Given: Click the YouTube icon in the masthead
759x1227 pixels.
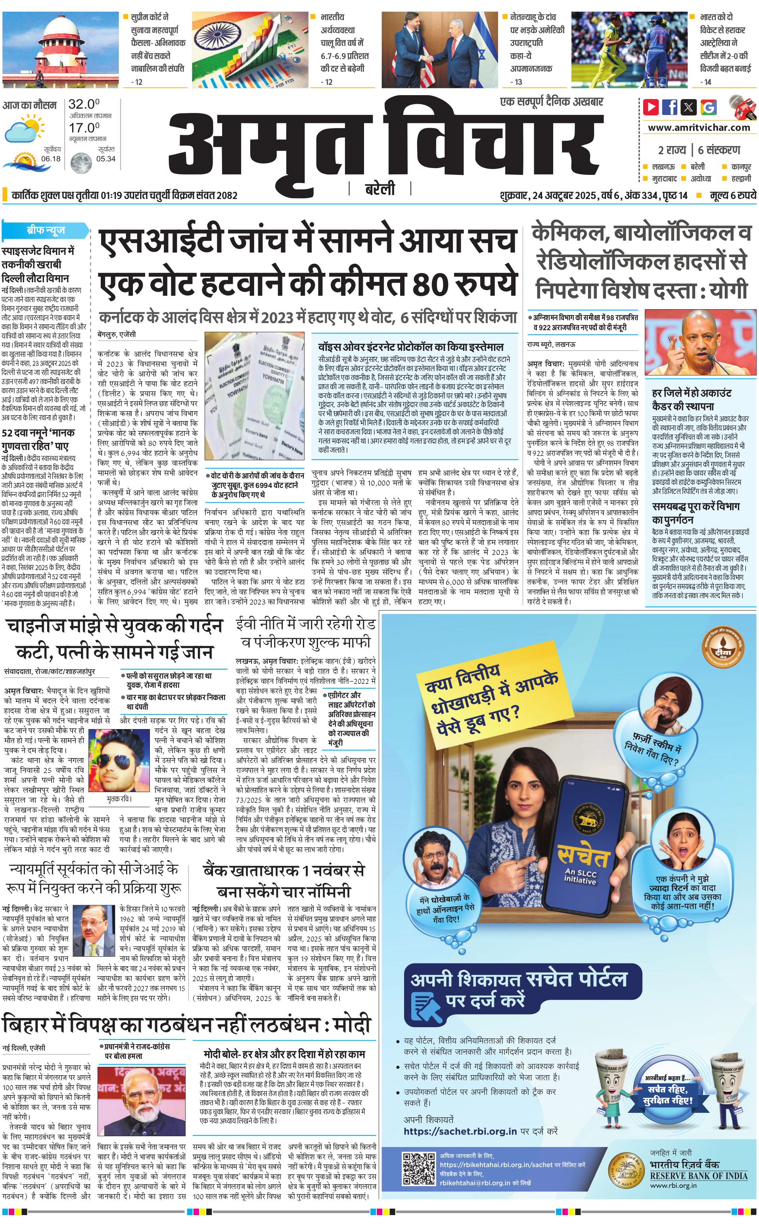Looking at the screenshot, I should pyautogui.click(x=651, y=107).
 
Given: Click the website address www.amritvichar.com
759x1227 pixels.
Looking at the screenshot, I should pyautogui.click(x=698, y=128).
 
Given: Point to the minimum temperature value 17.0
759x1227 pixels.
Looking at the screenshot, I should pyautogui.click(x=84, y=128).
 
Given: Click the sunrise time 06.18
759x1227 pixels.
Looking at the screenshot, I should pyautogui.click(x=51, y=159).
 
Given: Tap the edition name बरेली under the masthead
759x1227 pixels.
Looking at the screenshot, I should pyautogui.click(x=379, y=190).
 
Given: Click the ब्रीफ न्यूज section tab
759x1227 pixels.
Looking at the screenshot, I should pyautogui.click(x=46, y=230).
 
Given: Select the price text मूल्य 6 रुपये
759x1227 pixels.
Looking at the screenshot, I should pyautogui.click(x=732, y=195).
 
